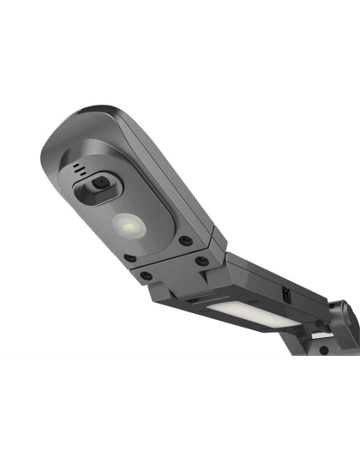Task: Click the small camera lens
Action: [x=100, y=183]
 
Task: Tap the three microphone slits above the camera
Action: [x=80, y=169]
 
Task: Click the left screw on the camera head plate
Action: [x=129, y=257]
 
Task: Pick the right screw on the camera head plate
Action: [x=185, y=242]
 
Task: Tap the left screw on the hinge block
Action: [x=147, y=276]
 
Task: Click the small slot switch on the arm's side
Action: [x=286, y=294]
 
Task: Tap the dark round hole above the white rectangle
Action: [x=320, y=322]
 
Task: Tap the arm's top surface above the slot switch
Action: [x=274, y=274]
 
